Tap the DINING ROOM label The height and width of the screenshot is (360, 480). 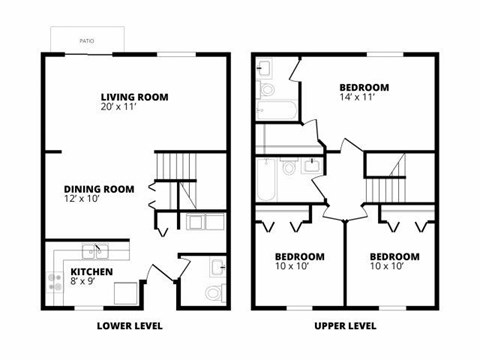tap(98, 189)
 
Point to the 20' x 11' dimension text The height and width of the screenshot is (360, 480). tap(120, 108)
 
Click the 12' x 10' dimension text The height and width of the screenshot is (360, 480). tap(85, 200)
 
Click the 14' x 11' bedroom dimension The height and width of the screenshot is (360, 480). tap(357, 98)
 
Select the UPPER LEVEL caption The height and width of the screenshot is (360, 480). tap(345, 326)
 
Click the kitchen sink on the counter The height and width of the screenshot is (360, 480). tap(98, 250)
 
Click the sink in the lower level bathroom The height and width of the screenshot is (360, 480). tap(218, 266)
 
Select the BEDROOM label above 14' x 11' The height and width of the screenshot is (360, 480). tap(364, 87)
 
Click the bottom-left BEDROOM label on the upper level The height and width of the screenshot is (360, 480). tap(300, 255)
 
